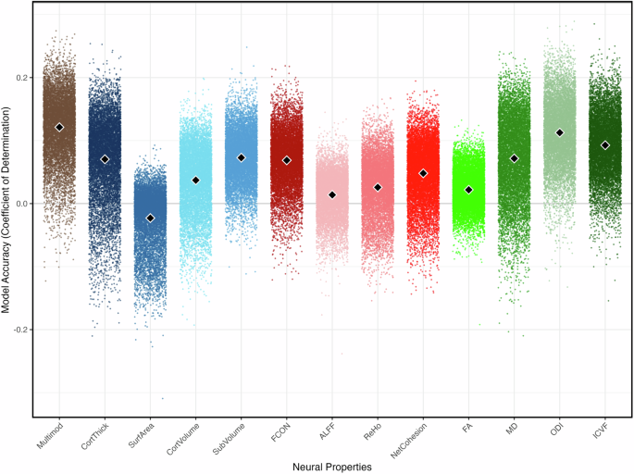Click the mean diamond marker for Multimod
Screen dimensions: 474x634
click(x=59, y=127)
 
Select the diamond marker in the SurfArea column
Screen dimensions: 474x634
click(x=150, y=218)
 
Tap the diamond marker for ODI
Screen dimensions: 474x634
click(x=560, y=132)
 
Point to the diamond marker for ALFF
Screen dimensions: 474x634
click(x=332, y=194)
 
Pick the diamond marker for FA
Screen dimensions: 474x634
click(x=468, y=189)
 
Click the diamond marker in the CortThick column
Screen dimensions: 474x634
click(x=105, y=159)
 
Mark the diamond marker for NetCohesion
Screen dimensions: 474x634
click(x=423, y=173)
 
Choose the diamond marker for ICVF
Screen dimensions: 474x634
click(x=605, y=144)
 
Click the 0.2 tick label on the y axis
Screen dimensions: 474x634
click(x=22, y=77)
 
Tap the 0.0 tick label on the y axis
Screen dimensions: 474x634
click(x=22, y=203)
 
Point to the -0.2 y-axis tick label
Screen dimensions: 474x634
click(x=20, y=330)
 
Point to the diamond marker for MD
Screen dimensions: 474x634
click(x=515, y=158)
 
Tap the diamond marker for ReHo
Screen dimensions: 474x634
click(x=378, y=187)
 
